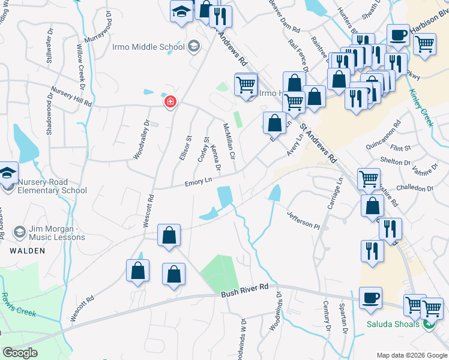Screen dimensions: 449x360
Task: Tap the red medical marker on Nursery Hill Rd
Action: click(171, 103)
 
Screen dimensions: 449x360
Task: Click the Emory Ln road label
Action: click(199, 181)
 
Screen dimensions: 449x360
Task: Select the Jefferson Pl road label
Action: click(303, 220)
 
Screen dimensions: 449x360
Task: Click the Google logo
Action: click(20, 352)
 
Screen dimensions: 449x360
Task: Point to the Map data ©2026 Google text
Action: click(411, 355)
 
